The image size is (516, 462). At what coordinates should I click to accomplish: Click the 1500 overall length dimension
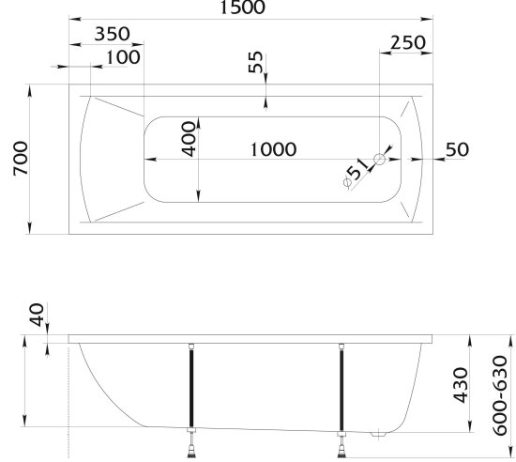click(x=242, y=8)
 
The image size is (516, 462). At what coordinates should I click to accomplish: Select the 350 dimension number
click(x=113, y=34)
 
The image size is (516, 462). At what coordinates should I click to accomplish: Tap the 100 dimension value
click(x=123, y=57)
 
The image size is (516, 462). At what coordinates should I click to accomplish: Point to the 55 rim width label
click(x=256, y=62)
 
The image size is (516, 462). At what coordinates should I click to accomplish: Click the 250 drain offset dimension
click(x=408, y=42)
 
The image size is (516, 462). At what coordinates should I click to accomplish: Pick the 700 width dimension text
click(x=21, y=159)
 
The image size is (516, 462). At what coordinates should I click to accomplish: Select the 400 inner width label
click(x=189, y=139)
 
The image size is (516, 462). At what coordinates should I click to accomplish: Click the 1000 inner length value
click(x=273, y=149)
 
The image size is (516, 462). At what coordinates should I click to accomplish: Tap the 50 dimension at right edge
click(x=457, y=149)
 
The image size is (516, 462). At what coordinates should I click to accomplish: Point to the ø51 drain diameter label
click(x=356, y=173)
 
